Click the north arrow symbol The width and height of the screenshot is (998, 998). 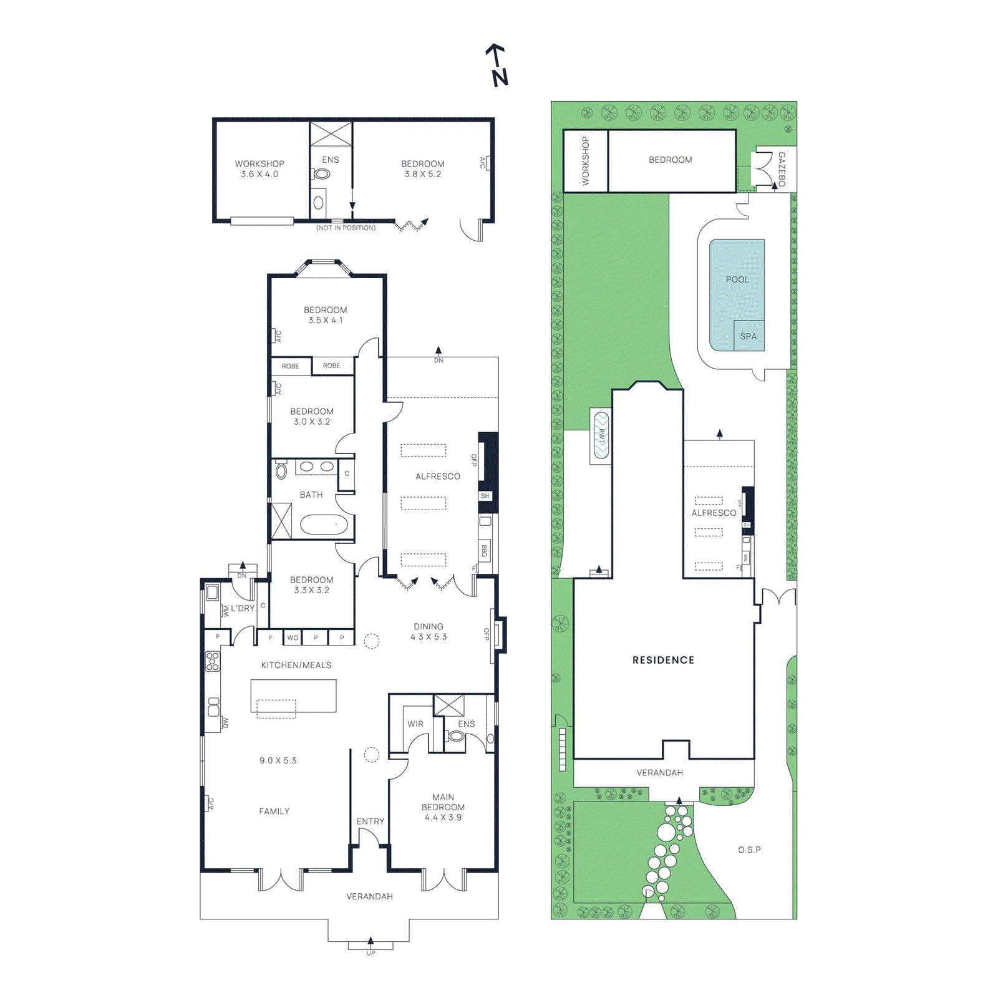coord(497,65)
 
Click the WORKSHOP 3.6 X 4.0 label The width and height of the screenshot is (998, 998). coord(259,169)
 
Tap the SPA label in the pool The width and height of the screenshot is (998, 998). coord(748,336)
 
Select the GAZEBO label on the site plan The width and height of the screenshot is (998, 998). coord(782,168)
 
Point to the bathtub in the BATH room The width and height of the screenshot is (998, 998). coord(323,525)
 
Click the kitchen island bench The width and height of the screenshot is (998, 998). coord(293,695)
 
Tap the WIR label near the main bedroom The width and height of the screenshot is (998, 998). coord(415,724)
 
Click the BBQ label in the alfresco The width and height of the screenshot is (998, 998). coord(485,551)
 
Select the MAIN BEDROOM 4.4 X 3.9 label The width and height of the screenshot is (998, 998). coord(443,807)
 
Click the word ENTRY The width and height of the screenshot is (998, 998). coord(371,821)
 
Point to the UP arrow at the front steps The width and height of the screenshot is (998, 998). coord(371,943)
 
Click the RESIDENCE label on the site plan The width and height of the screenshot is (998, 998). coord(663,660)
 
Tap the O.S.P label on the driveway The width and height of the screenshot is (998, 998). coord(749,850)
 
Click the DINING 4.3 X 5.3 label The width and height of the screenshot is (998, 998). coord(429,631)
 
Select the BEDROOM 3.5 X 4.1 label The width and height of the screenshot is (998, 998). coord(325,315)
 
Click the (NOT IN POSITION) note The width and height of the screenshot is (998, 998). coord(346,228)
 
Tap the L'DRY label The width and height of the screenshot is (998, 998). coord(243,608)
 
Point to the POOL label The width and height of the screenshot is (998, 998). coord(737,279)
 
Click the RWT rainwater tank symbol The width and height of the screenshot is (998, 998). coord(601,435)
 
